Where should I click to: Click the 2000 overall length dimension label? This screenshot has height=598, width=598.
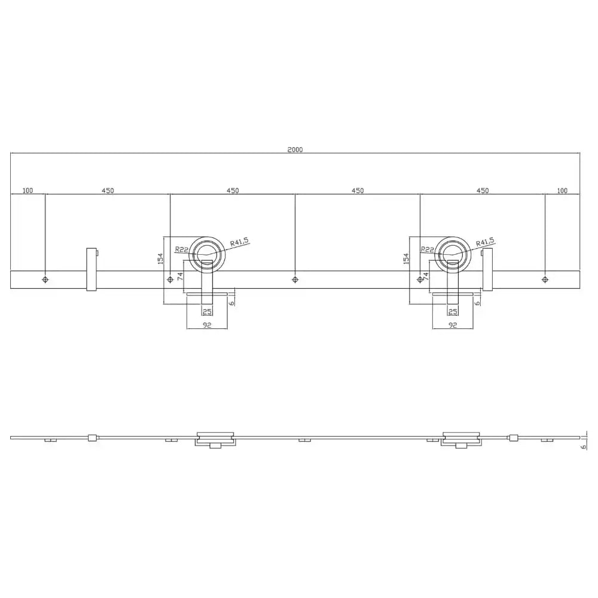click(x=295, y=149)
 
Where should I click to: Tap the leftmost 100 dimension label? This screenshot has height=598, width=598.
click(x=28, y=190)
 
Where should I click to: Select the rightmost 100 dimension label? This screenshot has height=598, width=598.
click(x=562, y=190)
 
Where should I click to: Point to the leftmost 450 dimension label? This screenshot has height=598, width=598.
click(x=108, y=190)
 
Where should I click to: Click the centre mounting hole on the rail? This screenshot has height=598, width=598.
click(x=295, y=280)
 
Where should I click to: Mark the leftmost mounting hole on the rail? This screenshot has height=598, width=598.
click(x=45, y=280)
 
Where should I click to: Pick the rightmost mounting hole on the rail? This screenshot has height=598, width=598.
click(x=545, y=280)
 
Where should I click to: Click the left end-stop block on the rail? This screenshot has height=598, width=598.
click(x=91, y=269)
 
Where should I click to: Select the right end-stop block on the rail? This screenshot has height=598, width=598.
click(x=487, y=269)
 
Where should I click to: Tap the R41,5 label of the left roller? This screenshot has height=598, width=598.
click(x=240, y=242)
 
